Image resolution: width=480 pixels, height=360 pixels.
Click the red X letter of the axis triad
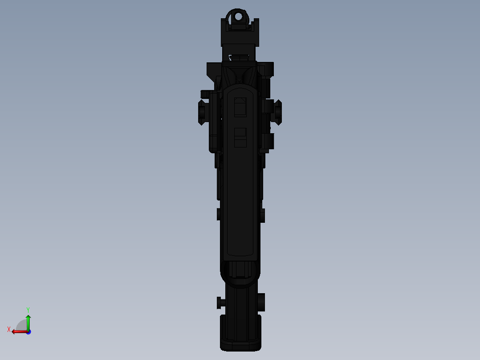click(x=9, y=330)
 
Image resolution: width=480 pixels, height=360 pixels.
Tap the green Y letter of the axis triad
click(x=28, y=309)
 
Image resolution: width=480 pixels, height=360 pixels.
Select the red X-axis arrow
click(x=19, y=331)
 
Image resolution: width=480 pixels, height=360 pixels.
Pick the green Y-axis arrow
click(x=28, y=322)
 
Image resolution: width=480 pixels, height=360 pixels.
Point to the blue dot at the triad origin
click(x=28, y=331)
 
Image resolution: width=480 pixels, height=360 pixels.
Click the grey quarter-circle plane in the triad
click(x=22, y=326)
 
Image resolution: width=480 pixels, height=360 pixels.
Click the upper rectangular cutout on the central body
click(x=240, y=107)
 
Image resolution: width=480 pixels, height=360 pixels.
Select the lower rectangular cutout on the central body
click(x=240, y=137)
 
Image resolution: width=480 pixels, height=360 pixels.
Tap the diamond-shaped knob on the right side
click(x=277, y=112)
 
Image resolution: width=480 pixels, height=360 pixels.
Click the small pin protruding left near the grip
click(x=219, y=303)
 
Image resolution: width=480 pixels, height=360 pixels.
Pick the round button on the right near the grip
click(x=261, y=302)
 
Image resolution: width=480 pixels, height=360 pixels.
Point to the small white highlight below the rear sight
click(x=230, y=57)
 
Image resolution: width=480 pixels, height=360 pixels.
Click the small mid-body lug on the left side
click(x=218, y=214)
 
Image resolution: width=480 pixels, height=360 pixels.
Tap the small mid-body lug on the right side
click(x=262, y=215)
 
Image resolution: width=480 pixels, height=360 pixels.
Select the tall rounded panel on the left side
click(x=214, y=123)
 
